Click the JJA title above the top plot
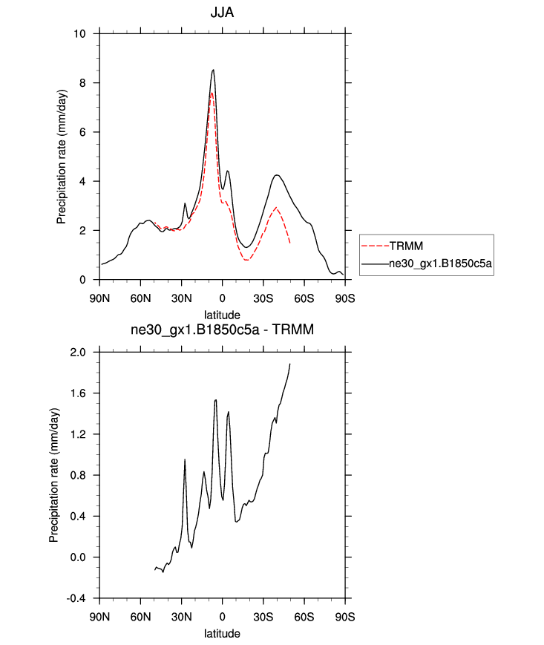[221, 13]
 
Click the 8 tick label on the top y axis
[84, 83]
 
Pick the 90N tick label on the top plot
[99, 298]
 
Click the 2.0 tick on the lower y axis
[77, 352]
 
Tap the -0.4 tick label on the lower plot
[76, 598]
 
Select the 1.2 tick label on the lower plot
[77, 434]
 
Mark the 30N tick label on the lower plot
[181, 618]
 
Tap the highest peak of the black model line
[214, 70]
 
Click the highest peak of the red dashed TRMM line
[212, 93]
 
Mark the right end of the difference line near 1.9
[289, 364]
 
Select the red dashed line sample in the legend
[375, 244]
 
